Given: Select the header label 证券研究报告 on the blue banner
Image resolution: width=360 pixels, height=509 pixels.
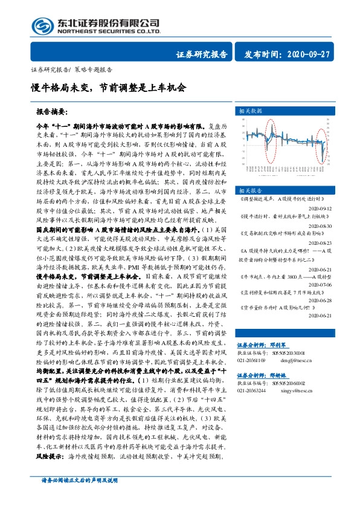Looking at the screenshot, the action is pyautogui.click(x=202, y=54).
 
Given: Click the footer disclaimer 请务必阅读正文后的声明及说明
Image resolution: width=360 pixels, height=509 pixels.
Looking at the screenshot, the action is pyautogui.click(x=74, y=497).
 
